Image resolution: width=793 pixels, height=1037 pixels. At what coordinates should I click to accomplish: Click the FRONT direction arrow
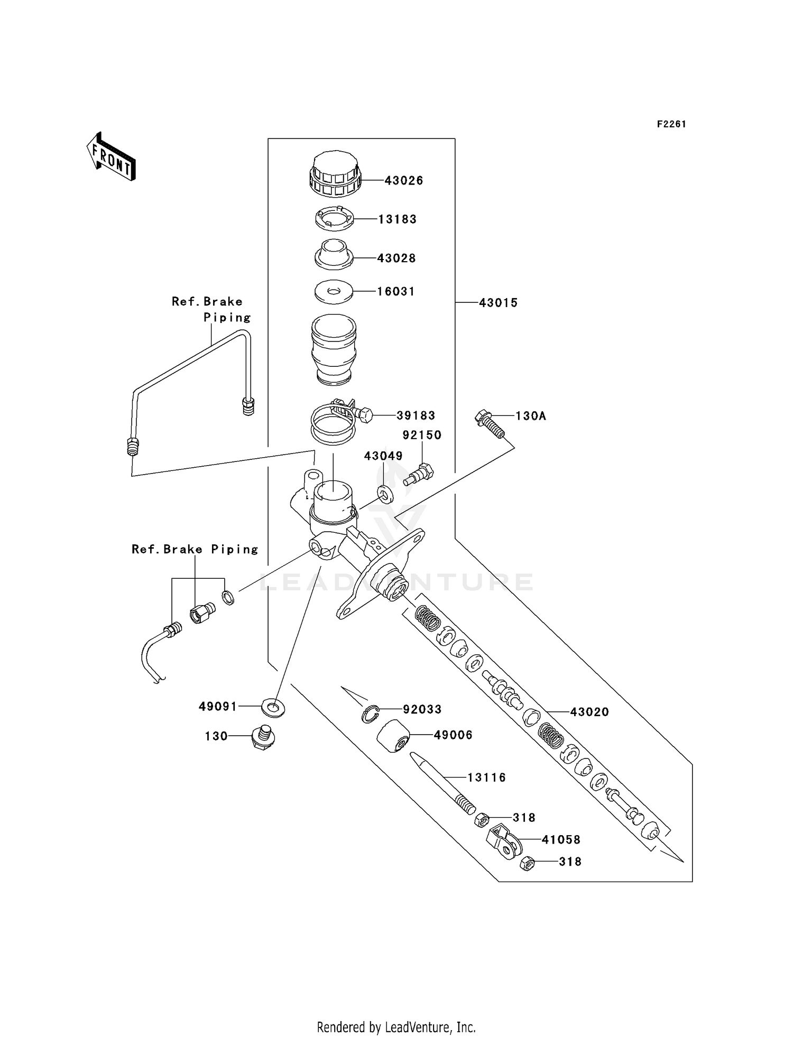(x=112, y=158)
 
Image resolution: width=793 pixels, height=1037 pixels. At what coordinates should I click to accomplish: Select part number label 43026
(x=403, y=181)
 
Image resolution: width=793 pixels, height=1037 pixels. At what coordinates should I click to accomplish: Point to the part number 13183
(x=397, y=219)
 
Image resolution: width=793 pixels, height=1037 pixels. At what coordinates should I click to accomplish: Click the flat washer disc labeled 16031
(x=334, y=291)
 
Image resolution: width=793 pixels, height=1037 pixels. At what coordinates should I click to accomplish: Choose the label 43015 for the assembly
(x=498, y=303)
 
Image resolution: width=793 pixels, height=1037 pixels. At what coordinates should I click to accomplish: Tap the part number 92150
(x=422, y=435)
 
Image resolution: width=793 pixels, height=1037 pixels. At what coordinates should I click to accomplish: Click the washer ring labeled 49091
(x=273, y=707)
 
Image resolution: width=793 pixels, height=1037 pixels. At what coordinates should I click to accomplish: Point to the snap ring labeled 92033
(x=371, y=714)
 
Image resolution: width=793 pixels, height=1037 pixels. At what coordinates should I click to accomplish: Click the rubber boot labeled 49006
(x=394, y=736)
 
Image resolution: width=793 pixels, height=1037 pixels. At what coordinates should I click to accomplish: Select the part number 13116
(x=486, y=777)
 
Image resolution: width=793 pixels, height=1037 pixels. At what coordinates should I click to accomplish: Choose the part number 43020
(x=589, y=712)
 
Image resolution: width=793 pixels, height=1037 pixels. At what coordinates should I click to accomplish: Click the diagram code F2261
(x=671, y=124)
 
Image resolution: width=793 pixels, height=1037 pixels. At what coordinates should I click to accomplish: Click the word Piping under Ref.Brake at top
(x=227, y=318)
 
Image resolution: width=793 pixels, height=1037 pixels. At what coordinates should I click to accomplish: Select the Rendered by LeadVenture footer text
(x=396, y=1027)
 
